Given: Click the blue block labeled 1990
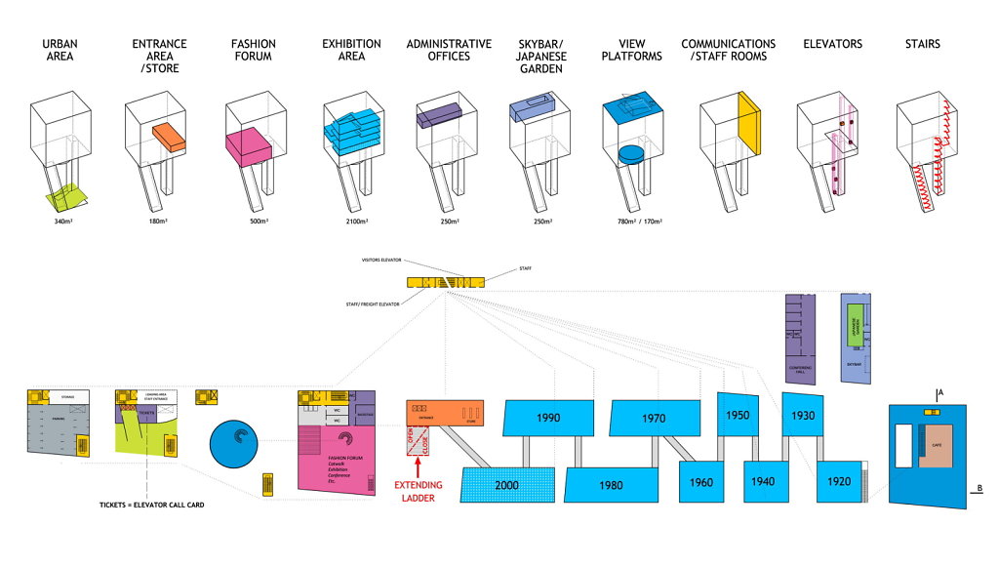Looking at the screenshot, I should [548, 418].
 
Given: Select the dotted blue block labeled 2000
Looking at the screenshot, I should [507, 483].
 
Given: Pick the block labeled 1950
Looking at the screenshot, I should [739, 415].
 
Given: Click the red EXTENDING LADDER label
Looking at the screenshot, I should [419, 491].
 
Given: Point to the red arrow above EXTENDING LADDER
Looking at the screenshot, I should [419, 469].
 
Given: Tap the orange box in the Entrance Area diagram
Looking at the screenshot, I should [173, 136].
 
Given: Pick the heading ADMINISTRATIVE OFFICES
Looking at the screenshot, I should [449, 50].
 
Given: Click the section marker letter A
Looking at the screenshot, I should [939, 392].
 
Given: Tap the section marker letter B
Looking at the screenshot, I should [978, 487].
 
